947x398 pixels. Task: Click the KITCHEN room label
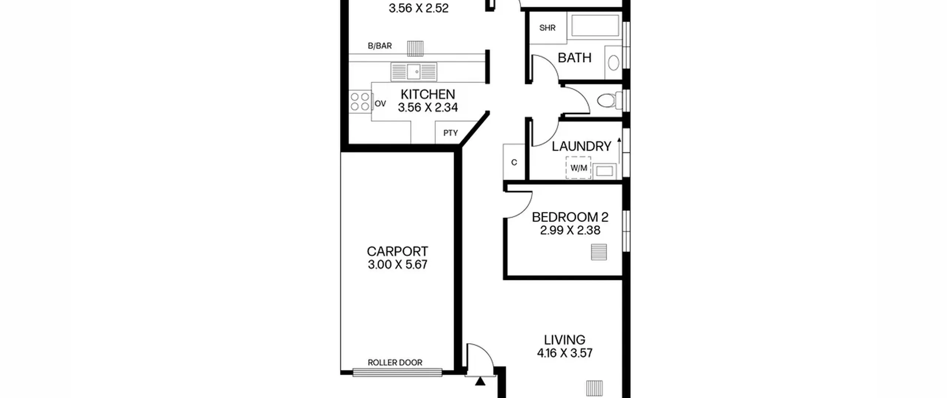click(428, 94)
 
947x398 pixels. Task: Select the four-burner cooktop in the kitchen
click(360, 102)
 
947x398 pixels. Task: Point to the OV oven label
click(380, 104)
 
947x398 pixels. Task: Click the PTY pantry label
click(451, 133)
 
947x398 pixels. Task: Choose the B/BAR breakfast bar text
click(380, 46)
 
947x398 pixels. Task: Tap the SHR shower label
click(547, 28)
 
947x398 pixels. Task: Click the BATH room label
click(574, 58)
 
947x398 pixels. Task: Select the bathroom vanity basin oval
click(613, 63)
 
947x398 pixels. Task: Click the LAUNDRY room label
click(582, 146)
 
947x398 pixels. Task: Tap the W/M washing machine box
click(578, 168)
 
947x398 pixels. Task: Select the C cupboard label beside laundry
click(514, 163)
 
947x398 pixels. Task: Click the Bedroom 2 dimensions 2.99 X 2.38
click(570, 230)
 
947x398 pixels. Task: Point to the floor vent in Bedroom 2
click(599, 252)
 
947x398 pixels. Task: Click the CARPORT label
click(397, 251)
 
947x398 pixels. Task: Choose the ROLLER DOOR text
click(395, 362)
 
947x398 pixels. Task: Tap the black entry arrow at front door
click(480, 381)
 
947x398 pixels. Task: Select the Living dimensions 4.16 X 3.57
click(565, 353)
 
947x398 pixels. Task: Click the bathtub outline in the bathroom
click(595, 25)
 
